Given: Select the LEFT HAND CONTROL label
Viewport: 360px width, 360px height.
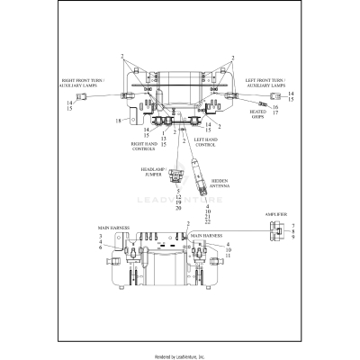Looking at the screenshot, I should pyautogui.click(x=205, y=142).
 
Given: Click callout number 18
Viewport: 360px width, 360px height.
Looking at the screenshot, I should pyautogui.click(x=117, y=121).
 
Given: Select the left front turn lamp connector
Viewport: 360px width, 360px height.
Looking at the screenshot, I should pyautogui.click(x=280, y=94).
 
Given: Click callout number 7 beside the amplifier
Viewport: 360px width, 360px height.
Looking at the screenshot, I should pyautogui.click(x=292, y=225).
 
